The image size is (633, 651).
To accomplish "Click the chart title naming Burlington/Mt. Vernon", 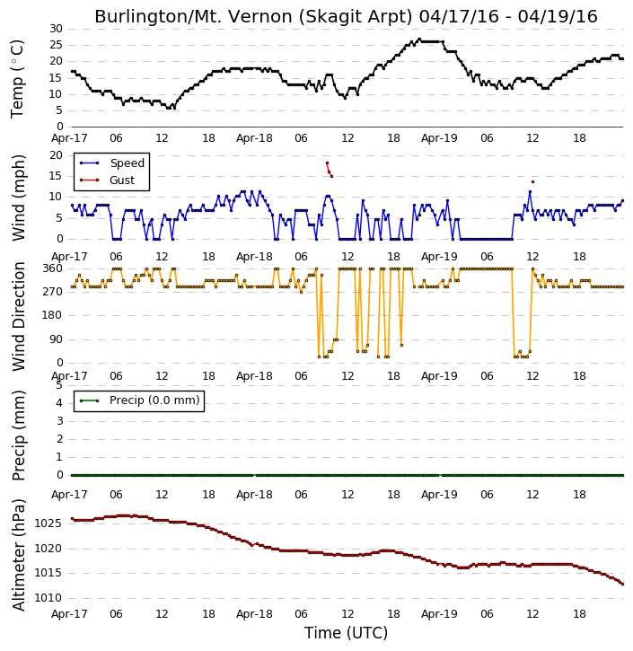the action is pos(346,16).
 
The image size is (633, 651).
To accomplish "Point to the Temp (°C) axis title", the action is pos(17,78).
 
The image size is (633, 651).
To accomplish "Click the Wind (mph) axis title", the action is pos(19,198).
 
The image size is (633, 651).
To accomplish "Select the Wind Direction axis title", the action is pos(19,316).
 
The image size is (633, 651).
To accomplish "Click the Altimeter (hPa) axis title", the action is pos(19,555).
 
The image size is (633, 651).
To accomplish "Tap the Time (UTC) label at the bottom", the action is pos(346,633).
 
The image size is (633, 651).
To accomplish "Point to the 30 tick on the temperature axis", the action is pos(56,29).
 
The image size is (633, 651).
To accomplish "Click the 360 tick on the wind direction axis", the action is pos(53,268).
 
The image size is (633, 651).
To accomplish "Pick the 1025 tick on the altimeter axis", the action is pos(48,523).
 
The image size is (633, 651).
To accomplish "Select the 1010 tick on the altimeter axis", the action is pos(48,598).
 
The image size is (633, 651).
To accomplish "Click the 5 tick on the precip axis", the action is pos(59,385).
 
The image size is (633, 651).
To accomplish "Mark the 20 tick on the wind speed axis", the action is pos(56,155).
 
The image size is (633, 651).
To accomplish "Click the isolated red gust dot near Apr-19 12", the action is pos(532,182).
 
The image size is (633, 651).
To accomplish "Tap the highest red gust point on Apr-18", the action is pos(327,163).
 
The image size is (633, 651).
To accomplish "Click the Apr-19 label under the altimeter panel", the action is pos(439,613).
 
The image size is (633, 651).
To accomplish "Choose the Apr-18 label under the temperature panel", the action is pos(254,138).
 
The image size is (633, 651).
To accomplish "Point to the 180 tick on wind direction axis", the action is pos(53,315).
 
